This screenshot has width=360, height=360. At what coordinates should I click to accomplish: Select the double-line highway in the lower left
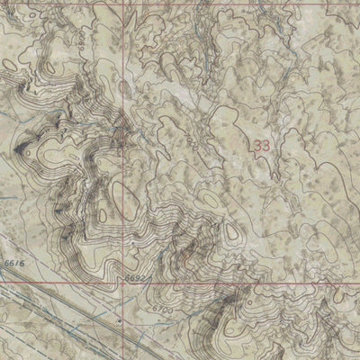pos(54,310)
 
